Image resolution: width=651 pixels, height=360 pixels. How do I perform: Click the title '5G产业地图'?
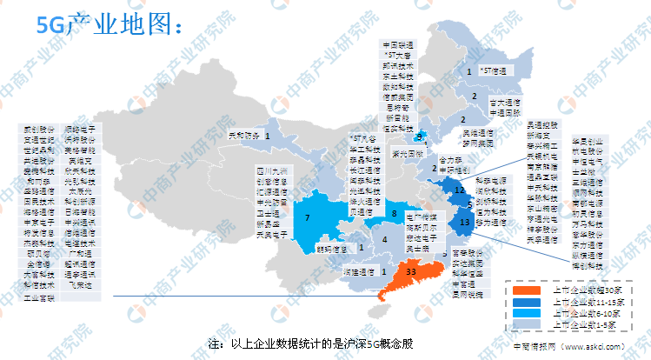pyautogui.click(x=109, y=25)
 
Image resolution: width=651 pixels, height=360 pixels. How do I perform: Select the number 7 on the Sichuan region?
pyautogui.click(x=307, y=217)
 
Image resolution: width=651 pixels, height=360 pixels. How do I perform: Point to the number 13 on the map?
pyautogui.click(x=465, y=223)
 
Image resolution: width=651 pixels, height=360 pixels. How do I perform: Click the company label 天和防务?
pyautogui.click(x=243, y=136)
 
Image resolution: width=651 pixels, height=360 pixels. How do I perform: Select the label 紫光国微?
pyautogui.click(x=407, y=153)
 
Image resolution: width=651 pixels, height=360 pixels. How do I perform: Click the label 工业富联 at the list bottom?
pyautogui.click(x=38, y=297)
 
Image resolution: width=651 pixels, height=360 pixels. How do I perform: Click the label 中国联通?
pyautogui.click(x=398, y=42)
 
